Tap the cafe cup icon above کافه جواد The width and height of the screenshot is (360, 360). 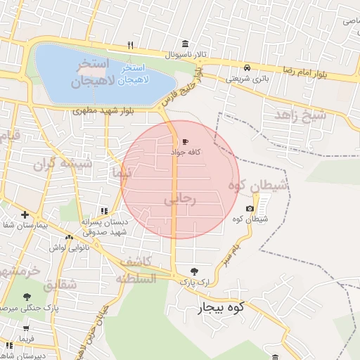point(185,141)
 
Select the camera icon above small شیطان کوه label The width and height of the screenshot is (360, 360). point(250,209)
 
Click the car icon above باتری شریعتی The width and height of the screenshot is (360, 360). point(247,68)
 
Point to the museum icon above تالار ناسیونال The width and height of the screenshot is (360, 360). point(184,44)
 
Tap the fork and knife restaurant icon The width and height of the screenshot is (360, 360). point(130,45)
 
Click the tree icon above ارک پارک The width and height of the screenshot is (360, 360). point(194,271)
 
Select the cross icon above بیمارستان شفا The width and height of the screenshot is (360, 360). point(25,214)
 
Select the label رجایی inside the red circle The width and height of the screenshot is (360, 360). point(184,200)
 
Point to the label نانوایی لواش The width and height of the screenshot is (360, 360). point(67,247)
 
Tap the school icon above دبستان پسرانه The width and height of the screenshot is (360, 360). point(103,211)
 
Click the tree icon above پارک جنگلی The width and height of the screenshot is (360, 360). point(27,297)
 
